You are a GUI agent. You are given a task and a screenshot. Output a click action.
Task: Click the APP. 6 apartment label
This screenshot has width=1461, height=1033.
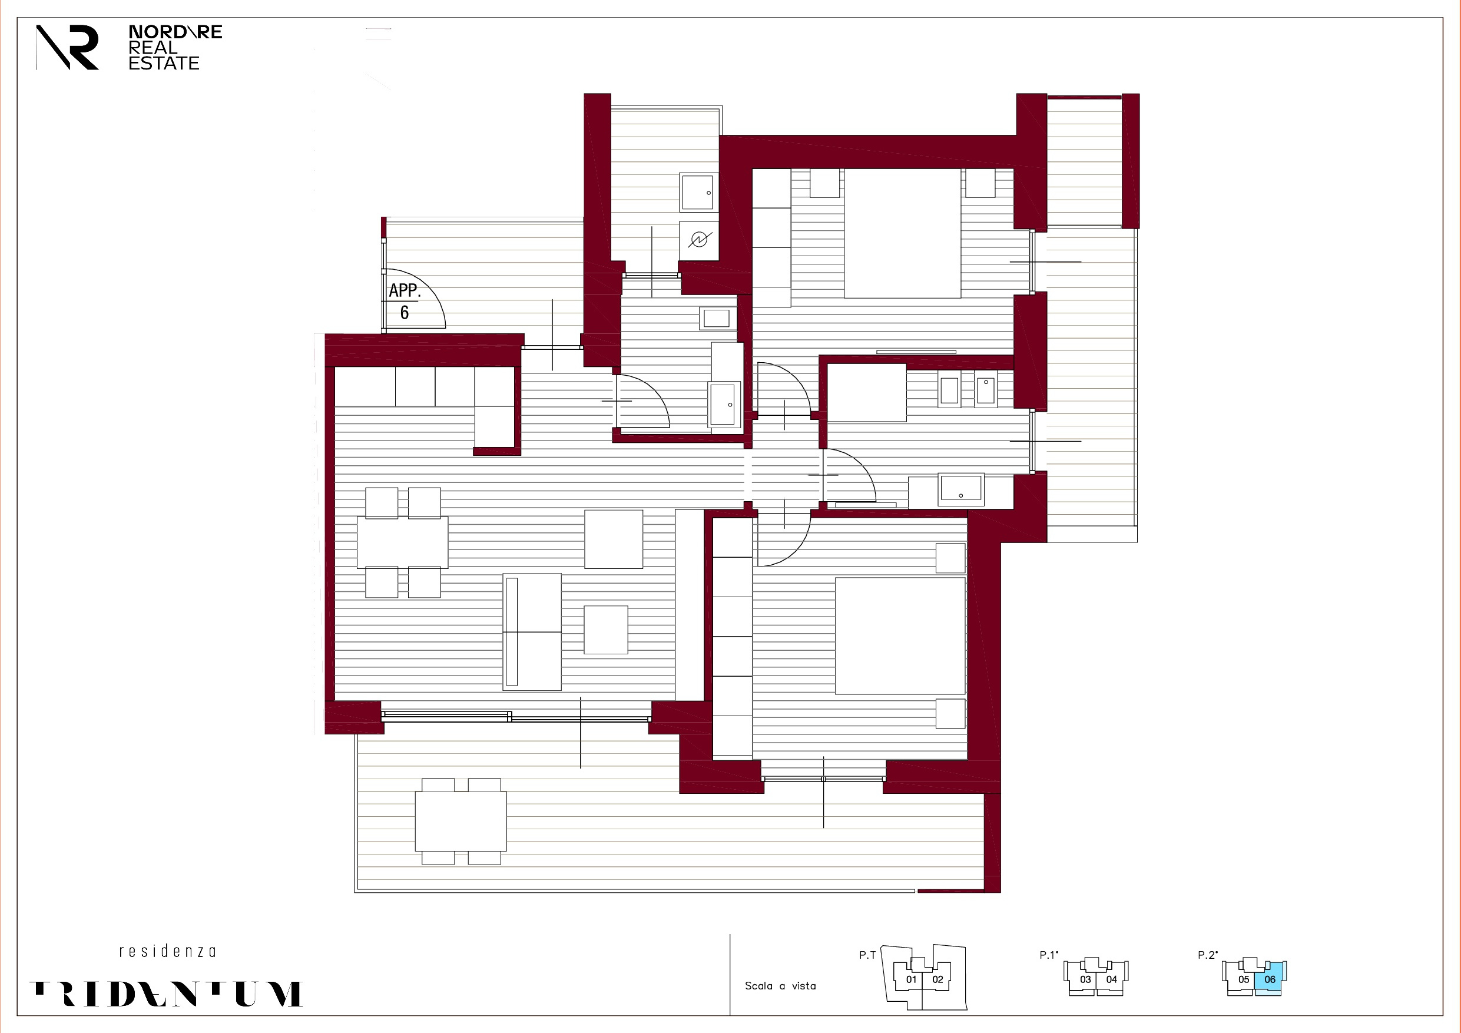click(x=405, y=301)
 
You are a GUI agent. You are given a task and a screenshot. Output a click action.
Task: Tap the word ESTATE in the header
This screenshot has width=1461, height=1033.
click(x=164, y=63)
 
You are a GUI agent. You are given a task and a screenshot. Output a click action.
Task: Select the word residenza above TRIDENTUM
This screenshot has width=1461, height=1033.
click(x=167, y=952)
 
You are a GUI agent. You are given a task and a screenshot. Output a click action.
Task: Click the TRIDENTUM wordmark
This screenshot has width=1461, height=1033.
click(x=166, y=994)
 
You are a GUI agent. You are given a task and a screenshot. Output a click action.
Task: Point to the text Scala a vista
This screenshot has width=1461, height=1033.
click(x=780, y=986)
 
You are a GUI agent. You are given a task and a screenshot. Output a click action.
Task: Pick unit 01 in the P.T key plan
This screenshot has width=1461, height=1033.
click(x=911, y=979)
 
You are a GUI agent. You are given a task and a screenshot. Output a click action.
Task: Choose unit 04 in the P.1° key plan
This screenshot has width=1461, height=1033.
click(x=1112, y=979)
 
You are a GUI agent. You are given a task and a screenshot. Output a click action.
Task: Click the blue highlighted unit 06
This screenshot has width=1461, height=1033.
click(x=1270, y=979)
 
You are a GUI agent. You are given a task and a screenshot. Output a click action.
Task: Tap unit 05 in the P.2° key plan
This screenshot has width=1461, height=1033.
click(x=1243, y=979)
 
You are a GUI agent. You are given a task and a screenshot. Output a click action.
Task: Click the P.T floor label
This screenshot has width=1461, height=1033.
click(x=867, y=955)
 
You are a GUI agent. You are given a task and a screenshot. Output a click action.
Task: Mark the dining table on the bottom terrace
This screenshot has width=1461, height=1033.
click(x=461, y=821)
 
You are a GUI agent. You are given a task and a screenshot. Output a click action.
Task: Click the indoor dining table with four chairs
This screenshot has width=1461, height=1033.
click(x=402, y=542)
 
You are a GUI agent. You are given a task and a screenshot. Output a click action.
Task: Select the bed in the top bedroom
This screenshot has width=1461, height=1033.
click(x=902, y=233)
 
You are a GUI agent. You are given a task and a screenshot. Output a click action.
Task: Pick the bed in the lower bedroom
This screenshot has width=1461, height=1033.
click(x=900, y=635)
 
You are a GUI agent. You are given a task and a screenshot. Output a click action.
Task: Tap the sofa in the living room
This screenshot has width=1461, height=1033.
click(x=532, y=631)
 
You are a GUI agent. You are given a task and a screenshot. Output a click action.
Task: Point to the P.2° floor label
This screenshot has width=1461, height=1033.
click(x=1207, y=955)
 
